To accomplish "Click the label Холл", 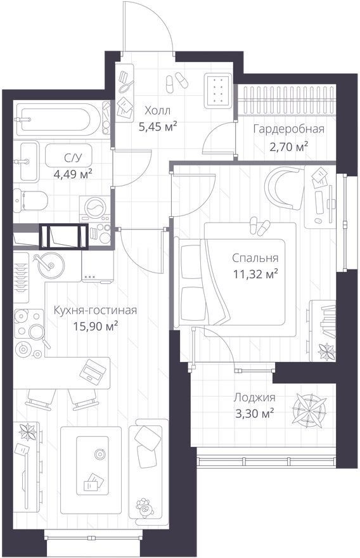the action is point(158,111).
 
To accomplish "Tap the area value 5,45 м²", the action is point(158,127).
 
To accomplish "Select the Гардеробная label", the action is point(289,129).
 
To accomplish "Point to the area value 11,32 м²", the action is point(255,274).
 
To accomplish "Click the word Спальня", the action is point(255,257).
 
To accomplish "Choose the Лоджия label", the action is point(254,397).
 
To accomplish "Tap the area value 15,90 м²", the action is point(96,326).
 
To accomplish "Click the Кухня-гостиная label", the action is point(95,310).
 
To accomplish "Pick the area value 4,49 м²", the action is point(73,174).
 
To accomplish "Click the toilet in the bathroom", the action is point(30,200).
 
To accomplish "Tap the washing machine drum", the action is point(94,207).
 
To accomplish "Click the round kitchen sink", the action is point(51,265).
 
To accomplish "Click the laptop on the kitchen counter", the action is point(93,371).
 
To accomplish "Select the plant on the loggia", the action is point(309,410).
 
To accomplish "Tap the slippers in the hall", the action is point(177,82).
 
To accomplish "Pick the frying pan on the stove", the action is point(37,334).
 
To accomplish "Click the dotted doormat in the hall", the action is point(219,91).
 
